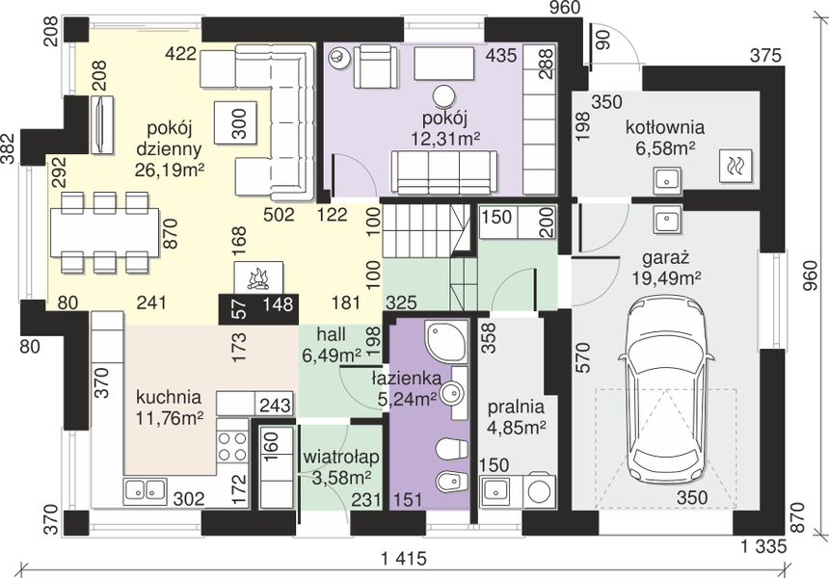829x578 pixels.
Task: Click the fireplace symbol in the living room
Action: pos(259,276)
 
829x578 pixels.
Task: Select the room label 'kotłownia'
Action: pos(665,127)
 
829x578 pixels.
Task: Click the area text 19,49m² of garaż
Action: pos(667,277)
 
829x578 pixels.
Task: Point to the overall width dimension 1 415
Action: pos(403,558)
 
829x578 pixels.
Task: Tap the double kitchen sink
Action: pos(145,489)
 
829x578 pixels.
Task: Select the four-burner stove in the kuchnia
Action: pos(232,446)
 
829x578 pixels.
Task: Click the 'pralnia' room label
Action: pos(516,407)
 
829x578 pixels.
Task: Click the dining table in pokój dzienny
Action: pos(105,233)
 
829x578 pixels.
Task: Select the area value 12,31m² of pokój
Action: pos(445,139)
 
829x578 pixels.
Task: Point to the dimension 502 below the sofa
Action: pos(279,215)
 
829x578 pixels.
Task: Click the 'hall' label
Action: pos(332,334)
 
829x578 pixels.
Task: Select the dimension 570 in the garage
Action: pos(582,357)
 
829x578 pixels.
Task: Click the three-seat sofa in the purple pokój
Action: pos(444,172)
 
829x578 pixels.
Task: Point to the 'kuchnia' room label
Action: pos(169,397)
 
